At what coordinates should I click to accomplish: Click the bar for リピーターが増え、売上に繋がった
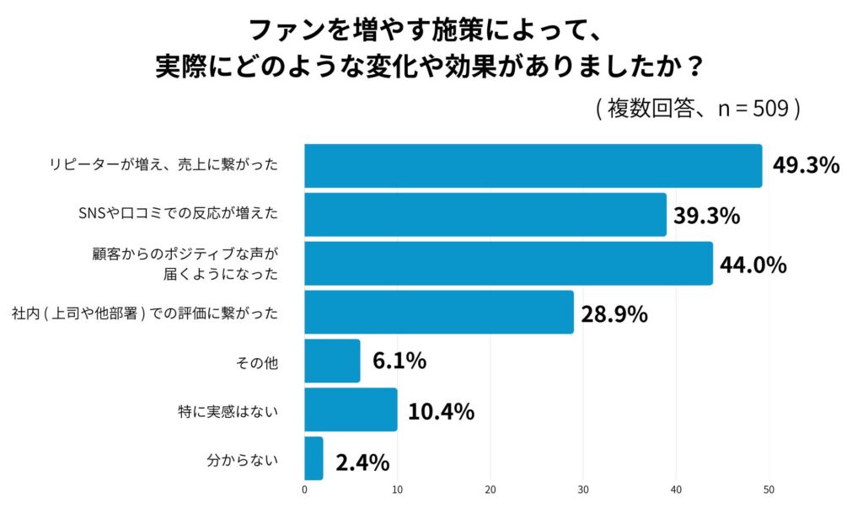tap(533, 166)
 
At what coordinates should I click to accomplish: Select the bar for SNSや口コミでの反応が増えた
tap(485, 215)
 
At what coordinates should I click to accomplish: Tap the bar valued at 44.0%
tap(508, 264)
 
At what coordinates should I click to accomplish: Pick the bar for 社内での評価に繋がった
tap(438, 313)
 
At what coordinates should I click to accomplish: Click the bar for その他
tap(332, 361)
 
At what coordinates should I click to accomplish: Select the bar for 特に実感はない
tap(351, 409)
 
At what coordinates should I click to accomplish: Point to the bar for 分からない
tap(314, 458)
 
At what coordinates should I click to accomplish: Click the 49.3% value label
tap(806, 166)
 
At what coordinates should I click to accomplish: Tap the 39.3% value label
tap(706, 216)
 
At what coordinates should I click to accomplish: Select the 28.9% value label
tap(614, 314)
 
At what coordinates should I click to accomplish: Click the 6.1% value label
tap(399, 362)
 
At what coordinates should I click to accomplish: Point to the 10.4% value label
tap(441, 411)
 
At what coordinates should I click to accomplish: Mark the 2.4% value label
tap(362, 463)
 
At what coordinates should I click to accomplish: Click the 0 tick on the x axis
tap(304, 489)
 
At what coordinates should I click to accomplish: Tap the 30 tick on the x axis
tap(583, 489)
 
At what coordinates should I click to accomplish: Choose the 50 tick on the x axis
tap(769, 489)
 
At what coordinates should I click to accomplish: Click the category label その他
tap(263, 364)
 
